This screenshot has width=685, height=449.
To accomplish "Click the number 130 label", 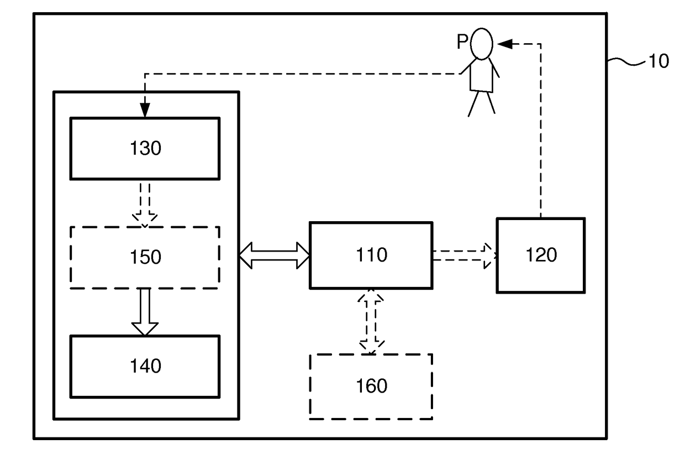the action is tap(145, 148).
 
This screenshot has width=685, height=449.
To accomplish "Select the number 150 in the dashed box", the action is tap(145, 257).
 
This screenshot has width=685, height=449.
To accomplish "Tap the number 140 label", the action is tap(145, 366).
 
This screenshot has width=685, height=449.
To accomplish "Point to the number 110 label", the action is tap(371, 255).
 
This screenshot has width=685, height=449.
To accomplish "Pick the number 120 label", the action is tap(541, 255).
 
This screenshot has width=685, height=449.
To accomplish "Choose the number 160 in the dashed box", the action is tap(371, 386).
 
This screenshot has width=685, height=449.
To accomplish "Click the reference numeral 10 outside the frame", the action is tap(658, 61).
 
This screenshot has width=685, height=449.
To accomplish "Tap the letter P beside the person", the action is tap(462, 41).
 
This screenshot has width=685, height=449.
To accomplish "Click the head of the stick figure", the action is tap(482, 44).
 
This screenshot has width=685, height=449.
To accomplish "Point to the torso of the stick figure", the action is tap(481, 75).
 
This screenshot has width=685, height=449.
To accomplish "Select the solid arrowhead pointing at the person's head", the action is tap(504, 44).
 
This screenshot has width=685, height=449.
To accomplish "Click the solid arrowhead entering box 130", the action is tap(145, 110).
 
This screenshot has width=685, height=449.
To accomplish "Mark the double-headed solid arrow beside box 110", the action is tap(275, 255).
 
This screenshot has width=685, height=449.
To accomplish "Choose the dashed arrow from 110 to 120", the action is tap(465, 255).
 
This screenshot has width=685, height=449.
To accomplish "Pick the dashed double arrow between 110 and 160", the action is tap(371, 322).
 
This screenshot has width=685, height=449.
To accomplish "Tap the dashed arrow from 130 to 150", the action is tap(145, 205).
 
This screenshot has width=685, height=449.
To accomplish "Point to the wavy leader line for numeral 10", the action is tap(626, 61).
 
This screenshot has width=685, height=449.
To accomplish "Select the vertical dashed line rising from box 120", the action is tap(541, 131).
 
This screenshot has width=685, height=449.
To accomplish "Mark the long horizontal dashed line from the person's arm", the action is tap(303, 74).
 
